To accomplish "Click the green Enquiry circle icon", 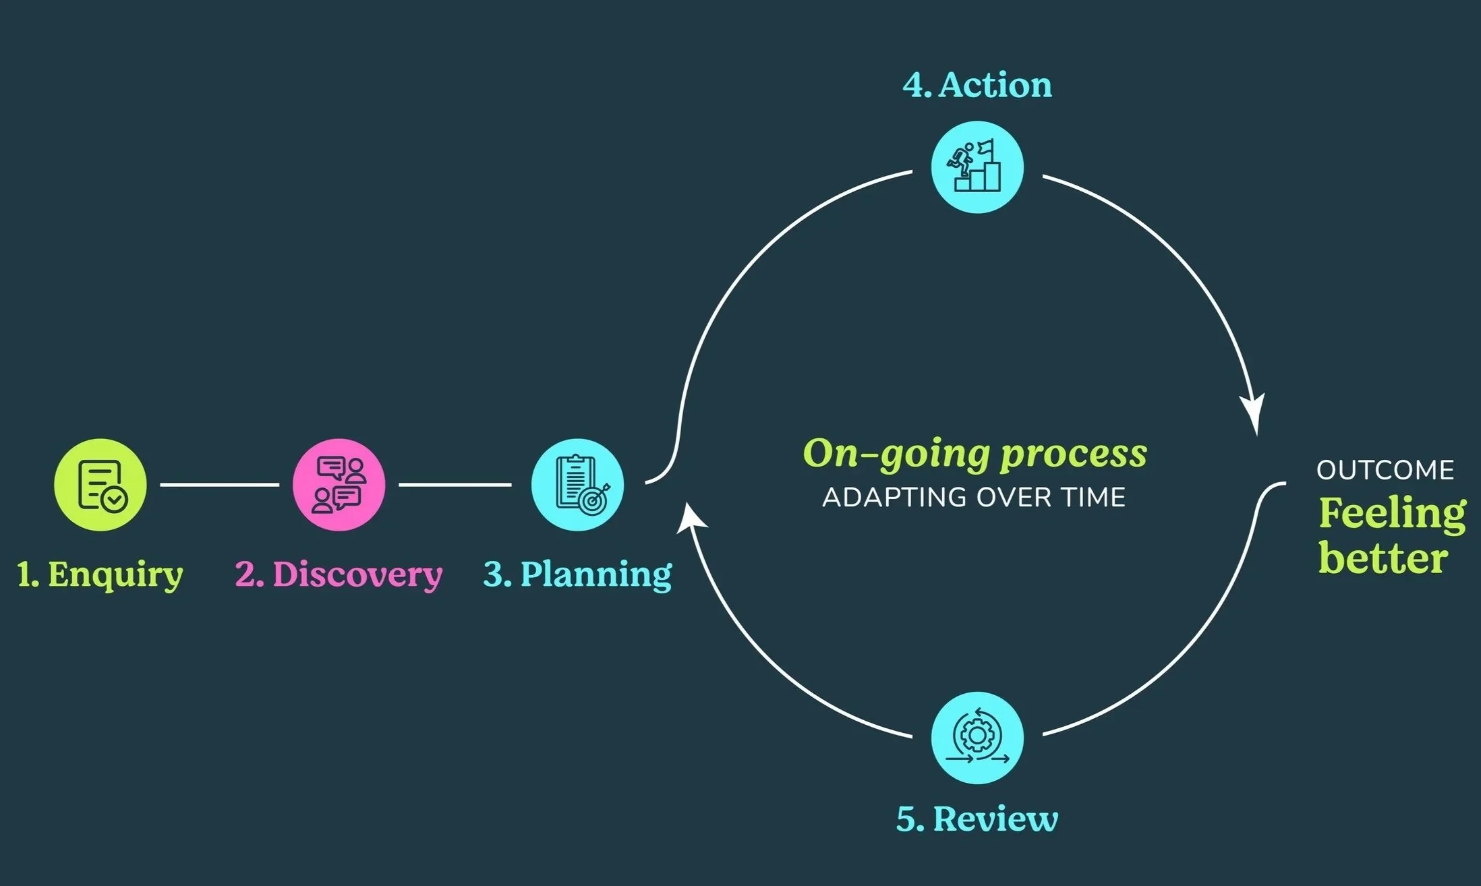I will click(x=100, y=484).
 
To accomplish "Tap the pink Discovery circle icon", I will click(x=339, y=484).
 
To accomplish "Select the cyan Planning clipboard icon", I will click(x=577, y=484).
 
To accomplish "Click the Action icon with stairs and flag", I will click(x=977, y=167).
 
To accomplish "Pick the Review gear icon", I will click(x=977, y=738).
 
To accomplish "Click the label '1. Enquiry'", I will click(x=100, y=574).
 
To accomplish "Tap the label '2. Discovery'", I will click(x=339, y=574).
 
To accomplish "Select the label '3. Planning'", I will click(x=577, y=574).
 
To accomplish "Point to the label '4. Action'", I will click(x=977, y=86).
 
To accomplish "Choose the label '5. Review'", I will click(x=977, y=819).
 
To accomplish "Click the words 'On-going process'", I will click(x=975, y=454).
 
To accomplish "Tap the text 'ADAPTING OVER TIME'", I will click(x=975, y=498).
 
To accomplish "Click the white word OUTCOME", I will click(x=1385, y=471).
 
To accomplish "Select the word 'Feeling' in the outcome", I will click(x=1392, y=514).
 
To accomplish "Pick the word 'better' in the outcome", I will click(x=1383, y=558).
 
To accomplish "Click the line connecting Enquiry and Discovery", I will click(x=219, y=484).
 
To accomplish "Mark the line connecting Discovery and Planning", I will click(x=455, y=484).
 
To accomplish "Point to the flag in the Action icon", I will click(x=987, y=146).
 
